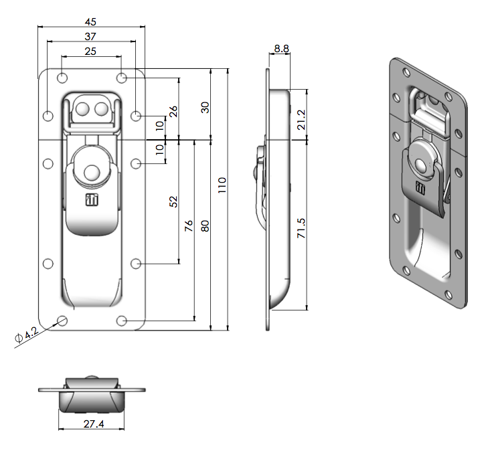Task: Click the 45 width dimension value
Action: click(x=90, y=21)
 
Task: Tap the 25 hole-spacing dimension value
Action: click(x=90, y=51)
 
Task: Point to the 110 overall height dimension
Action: click(x=222, y=185)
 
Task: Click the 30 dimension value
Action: click(x=206, y=107)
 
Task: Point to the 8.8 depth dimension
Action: click(x=281, y=49)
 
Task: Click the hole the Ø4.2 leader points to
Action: click(x=62, y=320)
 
